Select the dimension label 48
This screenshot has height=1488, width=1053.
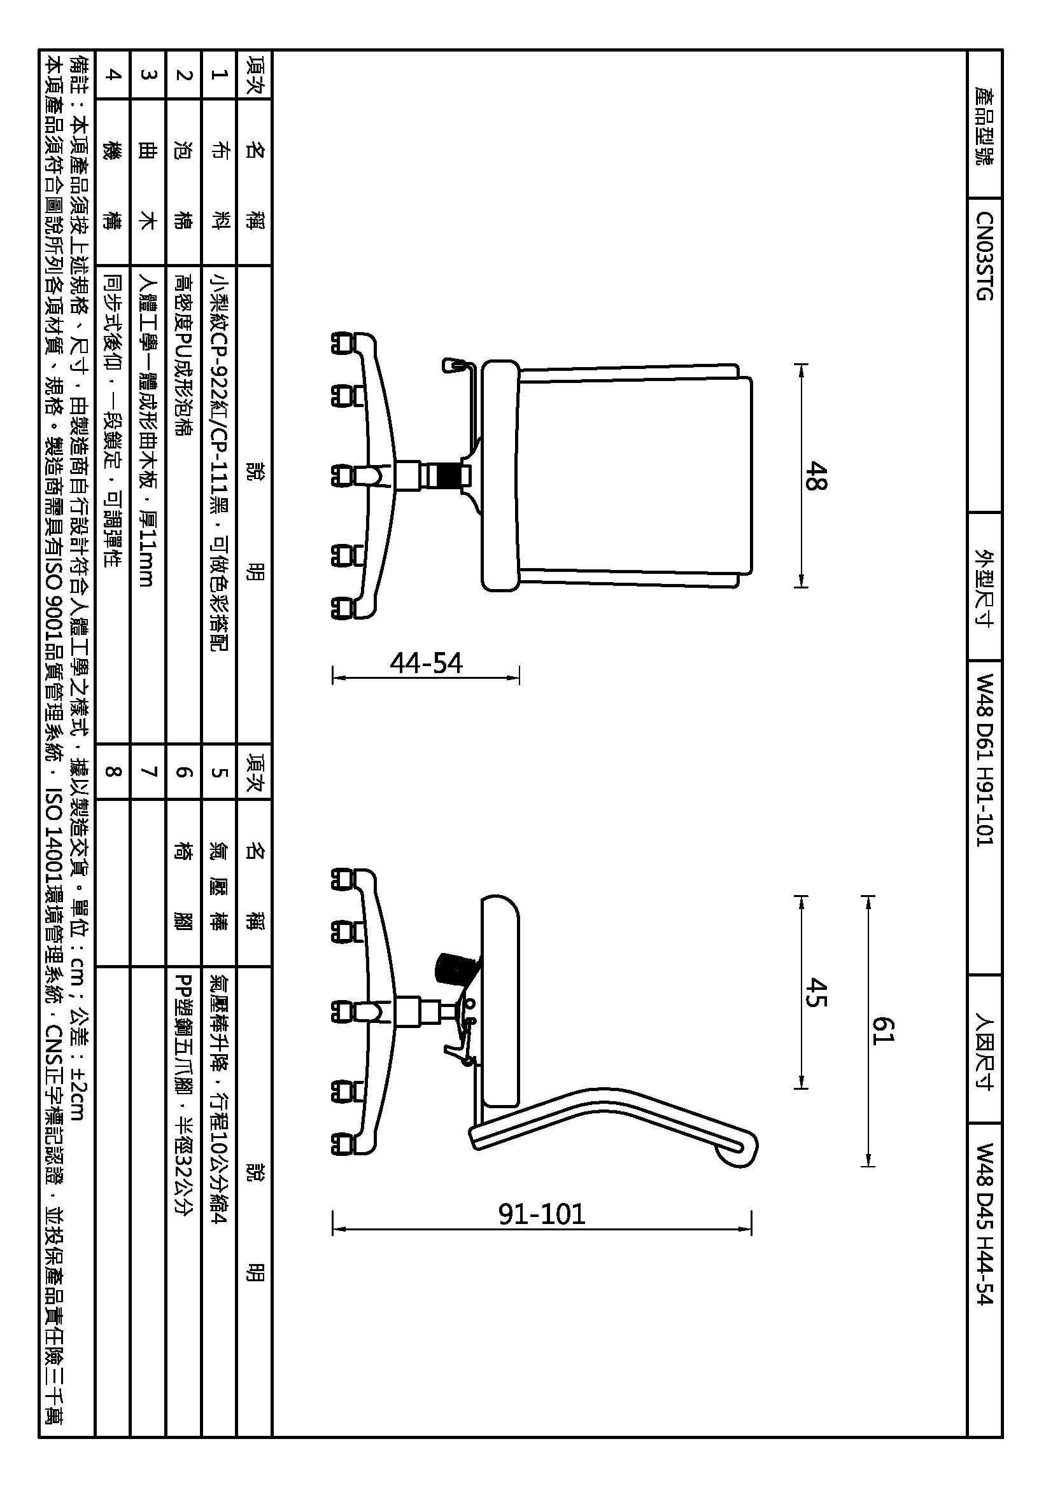pyautogui.click(x=816, y=476)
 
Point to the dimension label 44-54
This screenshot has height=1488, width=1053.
pyautogui.click(x=426, y=663)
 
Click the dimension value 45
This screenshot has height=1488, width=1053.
pyautogui.click(x=816, y=992)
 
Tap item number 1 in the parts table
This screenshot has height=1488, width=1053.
pyautogui.click(x=219, y=74)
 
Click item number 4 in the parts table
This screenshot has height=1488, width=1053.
pyautogui.click(x=113, y=74)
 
